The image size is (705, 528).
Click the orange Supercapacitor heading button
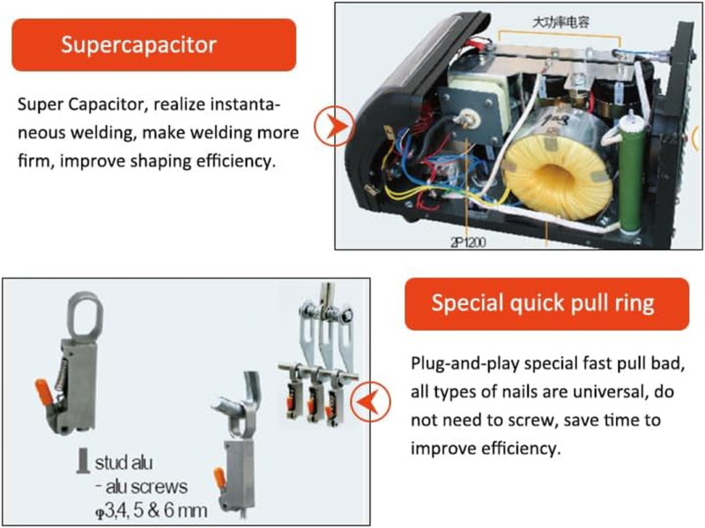point(153,45)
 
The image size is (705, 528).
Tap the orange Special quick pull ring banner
point(546,303)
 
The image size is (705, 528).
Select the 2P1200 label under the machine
point(468,242)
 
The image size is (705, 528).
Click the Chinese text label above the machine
point(560,22)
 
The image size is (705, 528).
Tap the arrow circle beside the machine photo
point(335,126)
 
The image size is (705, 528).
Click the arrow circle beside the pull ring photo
point(370,401)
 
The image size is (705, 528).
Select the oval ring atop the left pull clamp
point(85,315)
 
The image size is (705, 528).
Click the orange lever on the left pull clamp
point(46,392)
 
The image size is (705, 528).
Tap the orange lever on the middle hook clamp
point(219,479)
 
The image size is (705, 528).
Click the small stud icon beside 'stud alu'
point(83,460)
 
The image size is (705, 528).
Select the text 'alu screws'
point(146,487)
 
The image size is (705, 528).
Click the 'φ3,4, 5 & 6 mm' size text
point(152,510)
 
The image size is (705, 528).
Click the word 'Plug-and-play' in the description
point(465,363)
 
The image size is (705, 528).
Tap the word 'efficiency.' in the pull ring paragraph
point(522,449)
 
